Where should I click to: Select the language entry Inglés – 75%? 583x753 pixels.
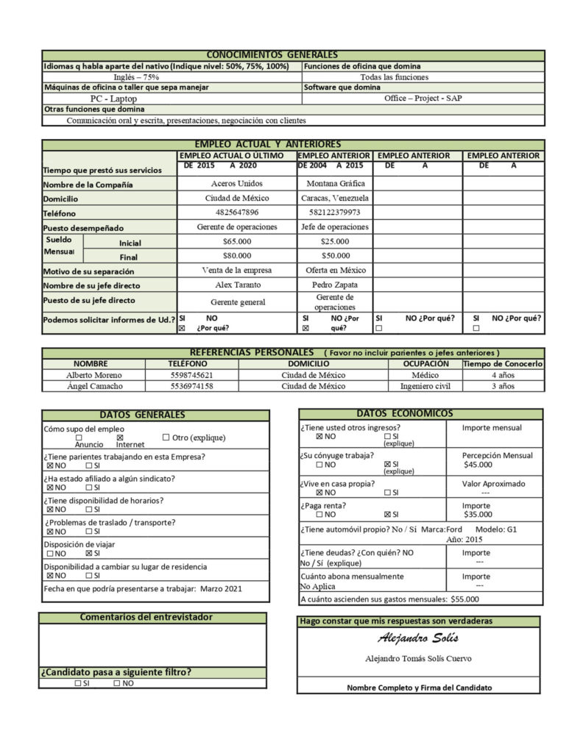tap(136, 77)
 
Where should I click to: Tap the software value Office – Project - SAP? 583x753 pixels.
tap(423, 98)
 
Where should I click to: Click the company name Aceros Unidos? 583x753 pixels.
tap(236, 184)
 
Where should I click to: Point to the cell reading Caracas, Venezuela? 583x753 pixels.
tap(335, 199)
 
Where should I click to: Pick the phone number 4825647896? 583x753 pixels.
tap(236, 213)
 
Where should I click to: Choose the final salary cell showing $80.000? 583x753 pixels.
tap(236, 256)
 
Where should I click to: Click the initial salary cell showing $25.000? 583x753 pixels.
tap(335, 241)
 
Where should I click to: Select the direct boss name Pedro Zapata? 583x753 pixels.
tap(335, 285)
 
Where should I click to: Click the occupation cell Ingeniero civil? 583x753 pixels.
tap(425, 386)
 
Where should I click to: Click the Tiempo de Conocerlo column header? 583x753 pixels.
tap(504, 364)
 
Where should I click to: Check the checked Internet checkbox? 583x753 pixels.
tap(120, 438)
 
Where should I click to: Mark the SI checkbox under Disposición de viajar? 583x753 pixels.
tap(89, 553)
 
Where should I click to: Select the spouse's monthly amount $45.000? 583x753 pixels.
tap(478, 465)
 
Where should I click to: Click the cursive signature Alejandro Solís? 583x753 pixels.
tap(418, 638)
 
